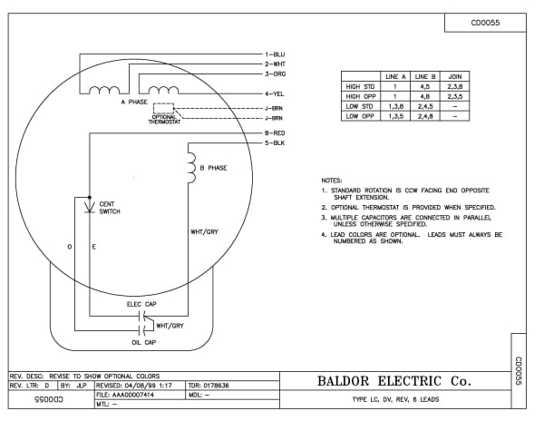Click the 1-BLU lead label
click(x=277, y=54)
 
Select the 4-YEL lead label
click(x=277, y=93)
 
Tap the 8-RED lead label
click(x=277, y=134)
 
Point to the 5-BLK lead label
click(x=277, y=143)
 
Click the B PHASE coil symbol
click(x=191, y=164)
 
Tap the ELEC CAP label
click(x=141, y=305)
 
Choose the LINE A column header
click(x=395, y=77)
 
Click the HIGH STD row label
click(x=360, y=87)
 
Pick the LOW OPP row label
click(x=360, y=117)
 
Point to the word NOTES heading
click(x=332, y=180)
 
